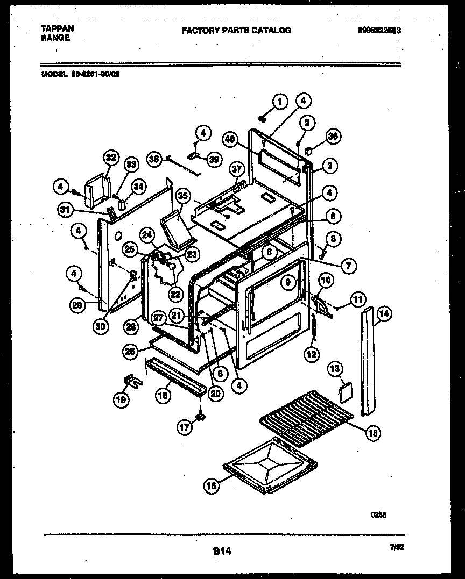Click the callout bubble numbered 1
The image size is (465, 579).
pyautogui.click(x=279, y=101)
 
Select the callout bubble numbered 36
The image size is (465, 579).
pyautogui.click(x=333, y=137)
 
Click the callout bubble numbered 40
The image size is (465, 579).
pyautogui.click(x=230, y=139)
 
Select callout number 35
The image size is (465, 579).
pyautogui.click(x=182, y=196)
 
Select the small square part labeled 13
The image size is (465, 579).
pyautogui.click(x=344, y=390)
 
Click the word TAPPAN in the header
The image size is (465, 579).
pyautogui.click(x=58, y=28)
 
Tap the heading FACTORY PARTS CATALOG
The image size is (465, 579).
pyautogui.click(x=236, y=31)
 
